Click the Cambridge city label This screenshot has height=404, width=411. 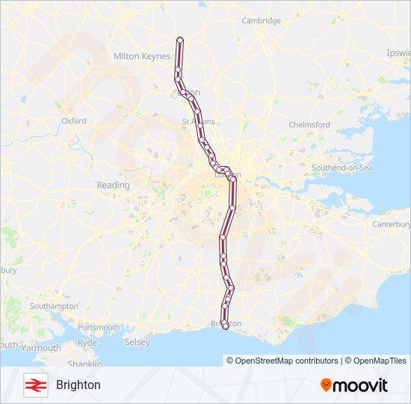[x=261, y=20]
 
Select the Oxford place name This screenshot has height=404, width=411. [x=74, y=120]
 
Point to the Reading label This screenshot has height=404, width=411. [x=113, y=185]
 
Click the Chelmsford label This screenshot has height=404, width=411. [x=309, y=124]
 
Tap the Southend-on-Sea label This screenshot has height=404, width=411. [x=342, y=168]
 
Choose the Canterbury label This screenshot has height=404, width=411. [x=392, y=224]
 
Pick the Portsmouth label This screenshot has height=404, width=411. [x=99, y=327]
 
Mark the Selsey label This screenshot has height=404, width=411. [x=137, y=342]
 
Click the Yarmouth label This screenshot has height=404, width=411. [x=41, y=348]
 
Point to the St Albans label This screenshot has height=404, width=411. [x=198, y=120]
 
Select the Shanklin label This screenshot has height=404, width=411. [x=84, y=364]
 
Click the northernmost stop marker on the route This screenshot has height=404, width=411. [x=179, y=40]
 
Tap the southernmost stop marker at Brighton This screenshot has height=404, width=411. [x=226, y=326]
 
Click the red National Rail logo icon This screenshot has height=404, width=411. [x=34, y=385]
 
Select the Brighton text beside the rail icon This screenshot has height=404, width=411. [x=78, y=385]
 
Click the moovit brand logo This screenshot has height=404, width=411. [x=354, y=385]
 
